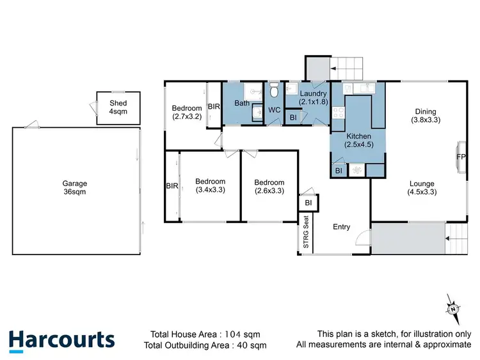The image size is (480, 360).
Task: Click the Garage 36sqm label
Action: tap(75, 187)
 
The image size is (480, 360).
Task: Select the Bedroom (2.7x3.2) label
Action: tap(186, 113)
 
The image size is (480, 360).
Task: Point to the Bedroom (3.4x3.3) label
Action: tap(210, 185)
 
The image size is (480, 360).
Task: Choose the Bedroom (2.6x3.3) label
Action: tap(269, 186)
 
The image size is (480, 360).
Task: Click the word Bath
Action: tap(242, 104)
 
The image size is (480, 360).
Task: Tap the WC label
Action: tap(274, 110)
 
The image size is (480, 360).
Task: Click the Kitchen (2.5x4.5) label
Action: tap(358, 141)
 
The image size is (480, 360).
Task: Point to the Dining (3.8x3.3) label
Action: tap(426, 114)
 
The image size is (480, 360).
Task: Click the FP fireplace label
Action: tap(460, 157)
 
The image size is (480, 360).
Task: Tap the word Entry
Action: tap(341, 226)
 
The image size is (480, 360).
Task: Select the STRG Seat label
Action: tap(306, 234)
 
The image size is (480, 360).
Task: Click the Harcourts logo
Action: tap(62, 340)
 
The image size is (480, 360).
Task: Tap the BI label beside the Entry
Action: tap(308, 203)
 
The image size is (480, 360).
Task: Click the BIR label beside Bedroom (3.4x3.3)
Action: tap(172, 186)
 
